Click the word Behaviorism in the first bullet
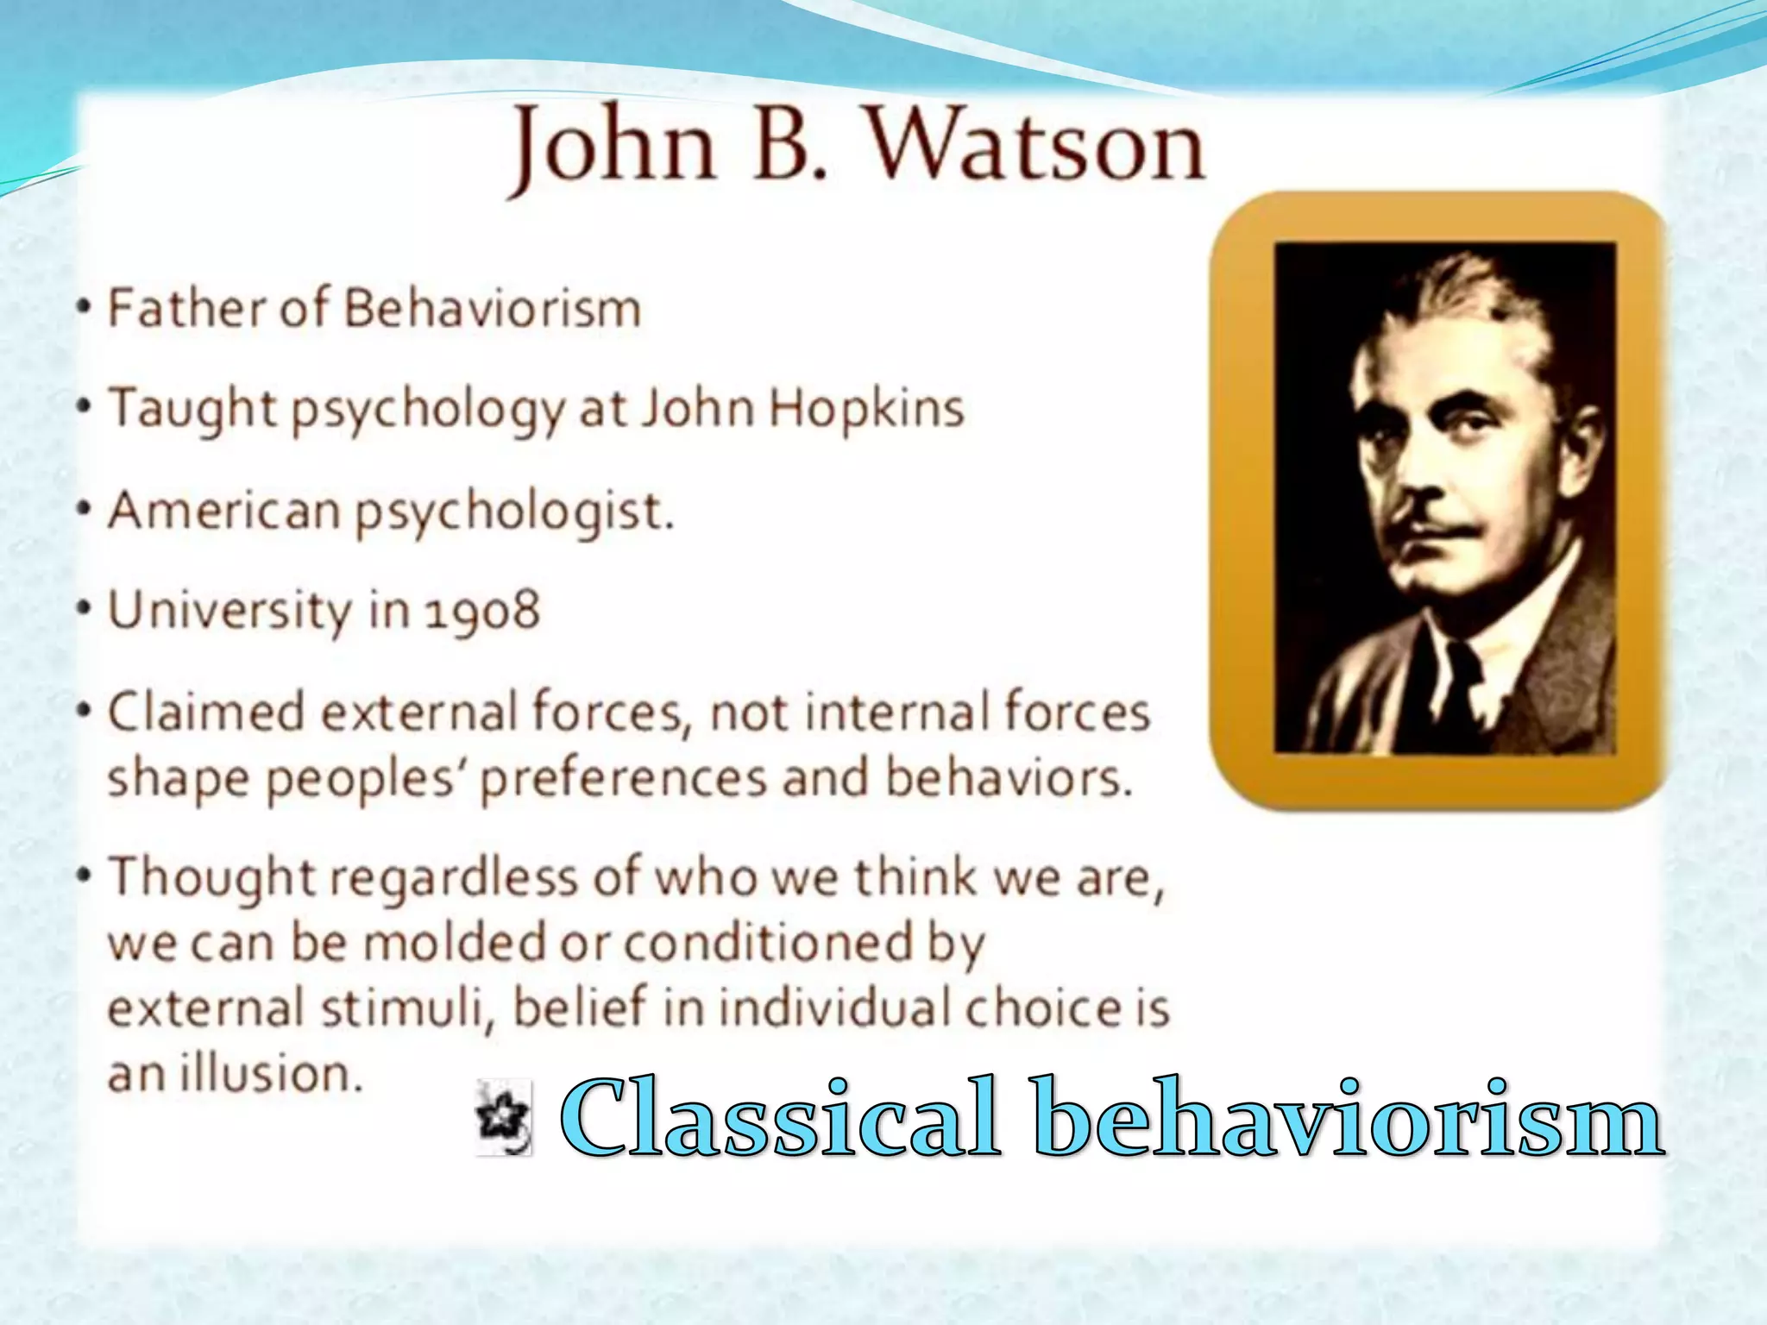pyautogui.click(x=493, y=308)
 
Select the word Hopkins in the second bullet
pyautogui.click(x=865, y=408)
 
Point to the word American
pyautogui.click(x=224, y=510)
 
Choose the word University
pyautogui.click(x=230, y=611)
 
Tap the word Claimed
pyautogui.click(x=205, y=713)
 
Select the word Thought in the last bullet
pyautogui.click(x=211, y=877)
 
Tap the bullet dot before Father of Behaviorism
pyautogui.click(x=84, y=309)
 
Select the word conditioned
pyautogui.click(x=767, y=943)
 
